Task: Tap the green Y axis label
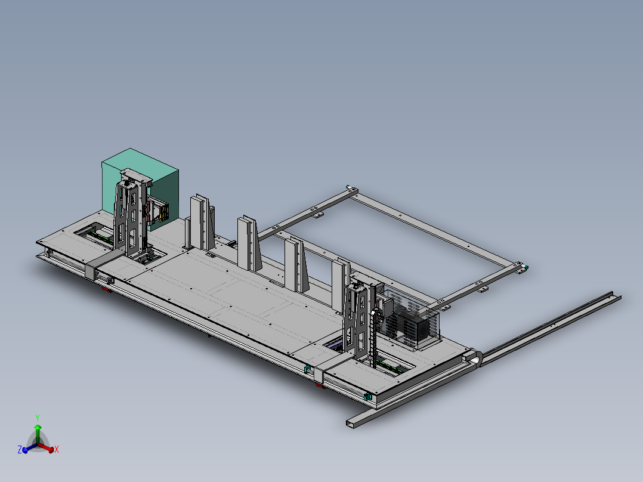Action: (38, 418)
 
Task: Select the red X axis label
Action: (57, 450)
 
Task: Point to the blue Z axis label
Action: (20, 450)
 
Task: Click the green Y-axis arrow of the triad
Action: (38, 434)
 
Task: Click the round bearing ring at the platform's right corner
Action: (474, 357)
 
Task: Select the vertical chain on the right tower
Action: (373, 337)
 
